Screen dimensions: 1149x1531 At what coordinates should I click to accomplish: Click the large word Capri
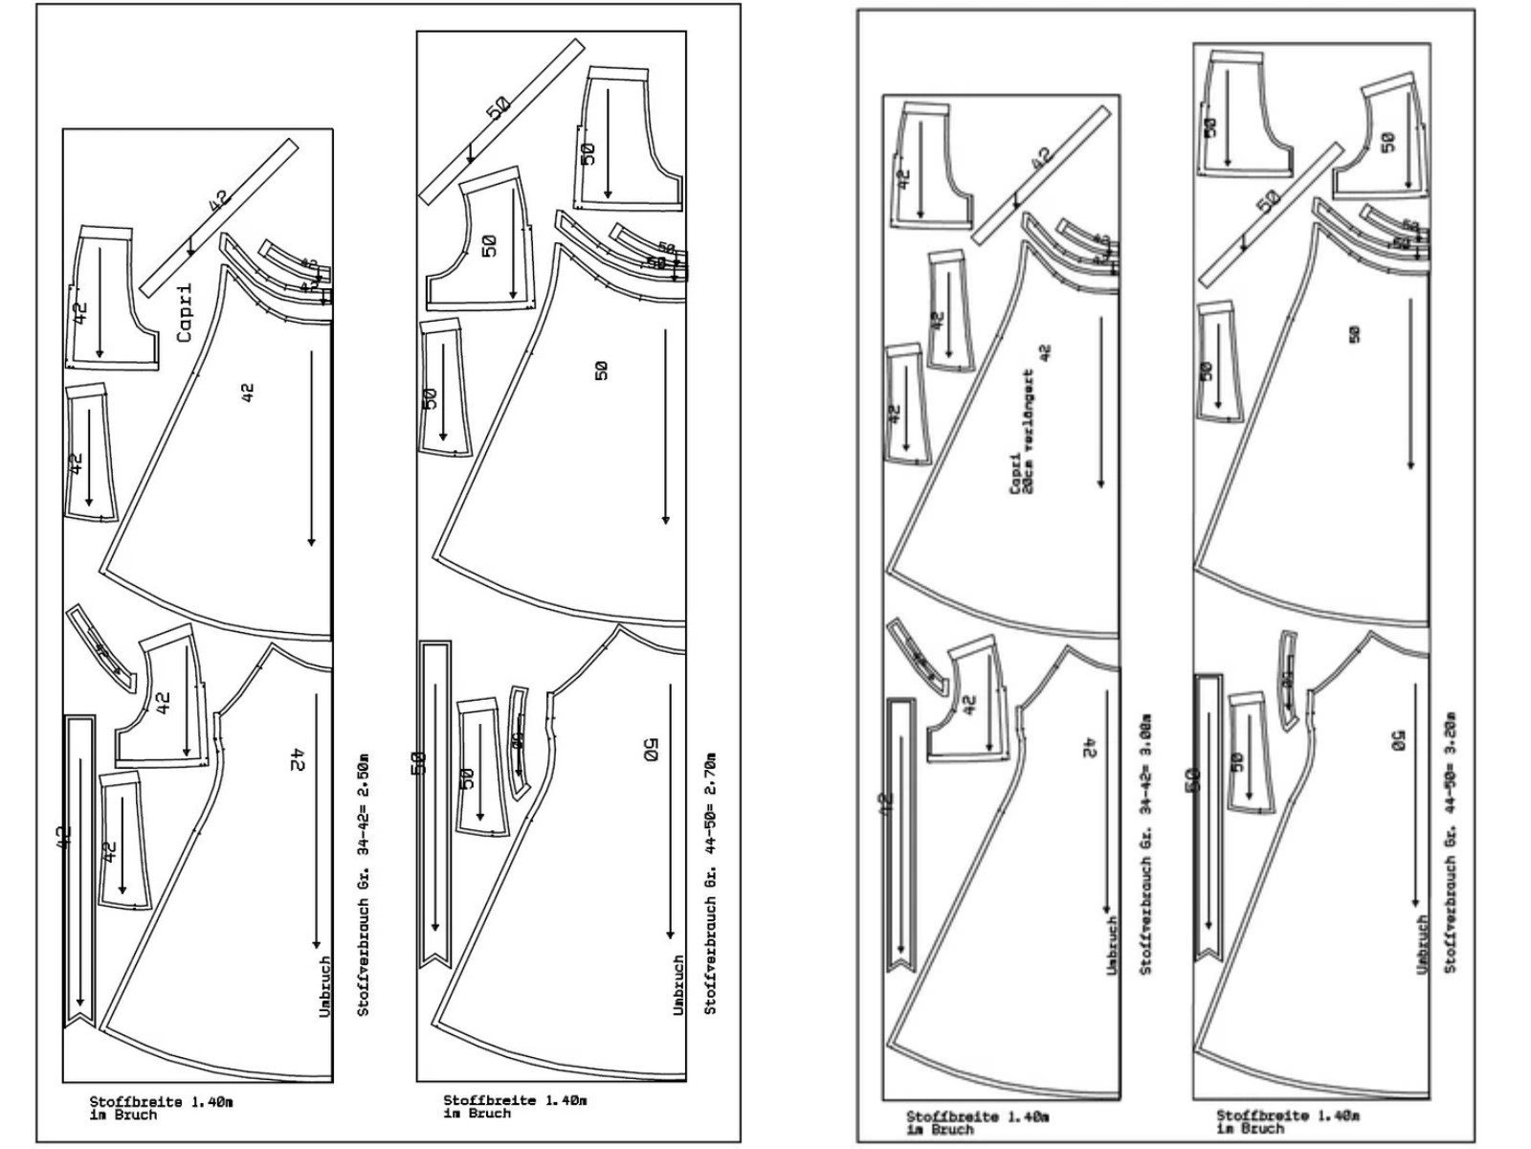pos(185,312)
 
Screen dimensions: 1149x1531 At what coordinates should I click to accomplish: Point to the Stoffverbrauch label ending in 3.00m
pos(1145,844)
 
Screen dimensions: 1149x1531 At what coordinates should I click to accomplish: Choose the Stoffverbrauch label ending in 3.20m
pos(1451,843)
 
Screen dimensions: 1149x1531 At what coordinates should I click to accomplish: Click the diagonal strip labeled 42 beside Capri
pos(219,217)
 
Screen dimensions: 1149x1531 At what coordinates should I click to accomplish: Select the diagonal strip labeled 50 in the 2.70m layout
pos(500,121)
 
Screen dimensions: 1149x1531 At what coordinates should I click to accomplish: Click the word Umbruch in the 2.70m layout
pos(678,984)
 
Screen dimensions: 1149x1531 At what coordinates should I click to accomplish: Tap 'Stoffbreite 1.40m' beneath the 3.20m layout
pos(1287,1115)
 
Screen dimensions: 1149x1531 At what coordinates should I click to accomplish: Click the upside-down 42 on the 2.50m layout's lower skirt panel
pos(298,759)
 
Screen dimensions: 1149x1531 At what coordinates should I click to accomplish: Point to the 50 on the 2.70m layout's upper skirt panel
pos(601,370)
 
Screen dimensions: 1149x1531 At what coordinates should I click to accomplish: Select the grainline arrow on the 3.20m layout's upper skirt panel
pos(1410,383)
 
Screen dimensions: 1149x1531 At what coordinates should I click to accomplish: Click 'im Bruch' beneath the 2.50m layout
pos(123,1115)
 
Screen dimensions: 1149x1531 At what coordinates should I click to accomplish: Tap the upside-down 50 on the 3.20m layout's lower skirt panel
pos(1397,740)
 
